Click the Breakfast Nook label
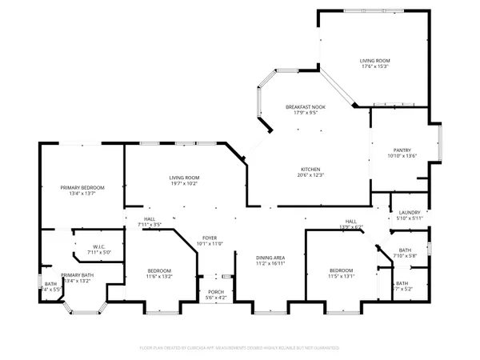pos(306,106)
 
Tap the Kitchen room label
pos(310,169)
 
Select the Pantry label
pos(402,150)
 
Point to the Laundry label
pos(409,213)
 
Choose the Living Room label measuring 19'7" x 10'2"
pos(183,177)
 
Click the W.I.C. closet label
pos(99,246)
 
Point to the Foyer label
pos(209,238)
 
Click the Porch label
pos(216,292)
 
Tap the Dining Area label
pos(270,257)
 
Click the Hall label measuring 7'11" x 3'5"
pos(150,219)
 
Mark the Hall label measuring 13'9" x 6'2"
pos(350,222)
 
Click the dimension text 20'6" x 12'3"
pos(310,175)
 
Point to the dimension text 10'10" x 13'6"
pos(402,156)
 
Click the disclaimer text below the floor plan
pos(239,349)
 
